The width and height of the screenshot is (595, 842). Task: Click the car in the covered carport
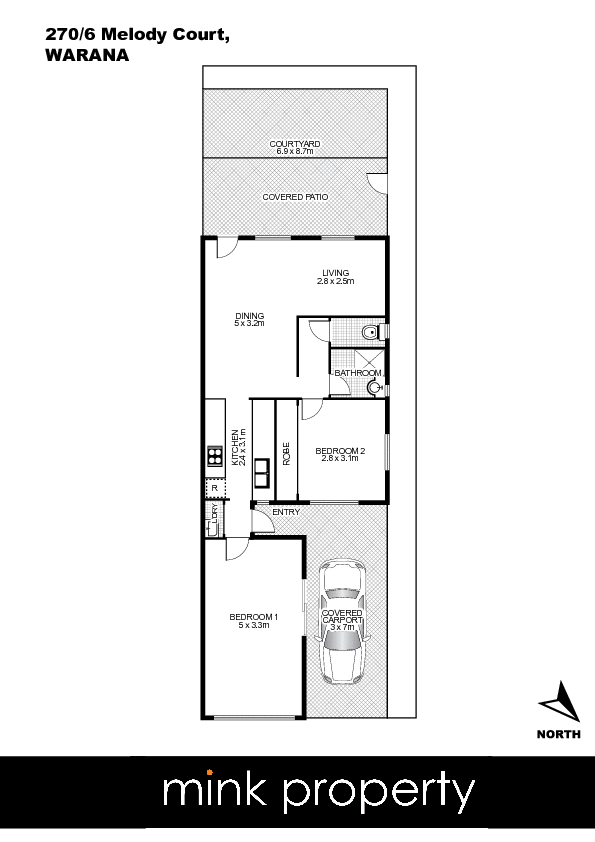tap(342, 622)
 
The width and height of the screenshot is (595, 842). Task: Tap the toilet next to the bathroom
tap(373, 332)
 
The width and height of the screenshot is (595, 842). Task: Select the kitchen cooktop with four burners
tap(215, 456)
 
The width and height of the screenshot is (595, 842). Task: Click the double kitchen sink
tap(262, 473)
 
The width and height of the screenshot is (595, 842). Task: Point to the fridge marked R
tap(215, 488)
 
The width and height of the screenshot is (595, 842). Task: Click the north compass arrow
tap(561, 700)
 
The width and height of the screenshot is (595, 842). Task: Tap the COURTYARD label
tap(295, 144)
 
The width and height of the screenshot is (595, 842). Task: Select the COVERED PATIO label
tap(295, 197)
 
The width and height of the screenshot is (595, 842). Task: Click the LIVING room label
tap(336, 273)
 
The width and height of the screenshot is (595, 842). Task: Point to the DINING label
tap(250, 316)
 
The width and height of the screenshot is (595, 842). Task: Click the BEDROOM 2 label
tap(340, 451)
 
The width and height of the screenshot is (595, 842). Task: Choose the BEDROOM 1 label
tap(253, 617)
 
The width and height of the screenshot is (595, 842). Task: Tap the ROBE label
tap(286, 454)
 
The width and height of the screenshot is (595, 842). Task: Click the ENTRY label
tap(286, 512)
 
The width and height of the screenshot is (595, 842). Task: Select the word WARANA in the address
tap(87, 55)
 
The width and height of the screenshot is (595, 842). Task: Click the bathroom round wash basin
tap(374, 387)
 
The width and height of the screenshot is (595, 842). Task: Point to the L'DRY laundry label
tap(215, 514)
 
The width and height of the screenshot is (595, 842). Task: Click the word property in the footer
tap(379, 793)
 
